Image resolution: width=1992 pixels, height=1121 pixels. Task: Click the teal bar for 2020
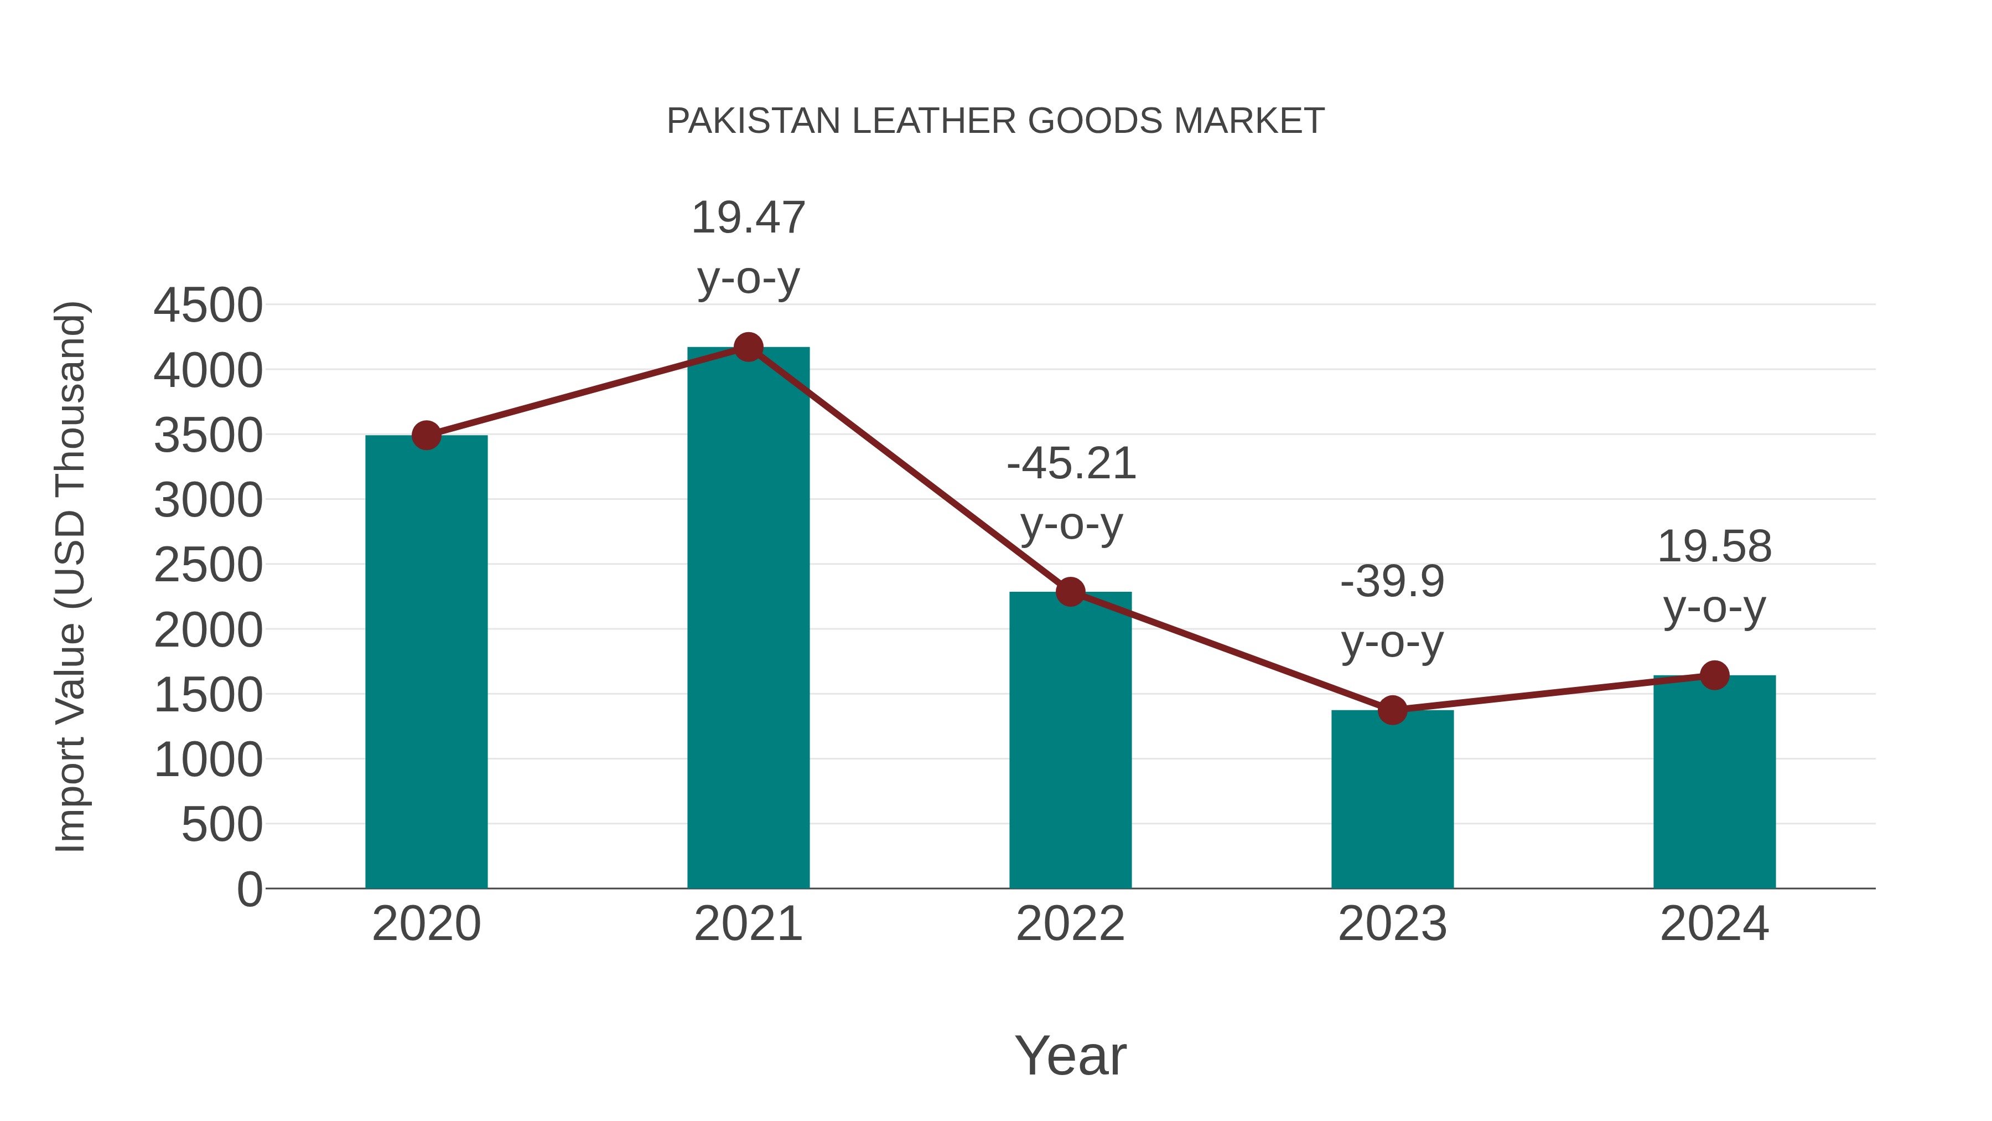click(426, 662)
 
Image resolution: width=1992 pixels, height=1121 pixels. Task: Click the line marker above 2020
click(426, 436)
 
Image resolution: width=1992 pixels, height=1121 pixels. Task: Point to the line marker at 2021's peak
click(748, 347)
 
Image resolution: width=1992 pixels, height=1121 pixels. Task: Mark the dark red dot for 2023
click(1392, 710)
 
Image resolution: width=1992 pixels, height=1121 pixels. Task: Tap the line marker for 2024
click(1714, 675)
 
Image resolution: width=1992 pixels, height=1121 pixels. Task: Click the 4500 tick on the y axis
click(208, 306)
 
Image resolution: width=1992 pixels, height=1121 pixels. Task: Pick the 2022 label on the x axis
click(1070, 924)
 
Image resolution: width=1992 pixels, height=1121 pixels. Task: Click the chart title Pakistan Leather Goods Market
click(995, 121)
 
